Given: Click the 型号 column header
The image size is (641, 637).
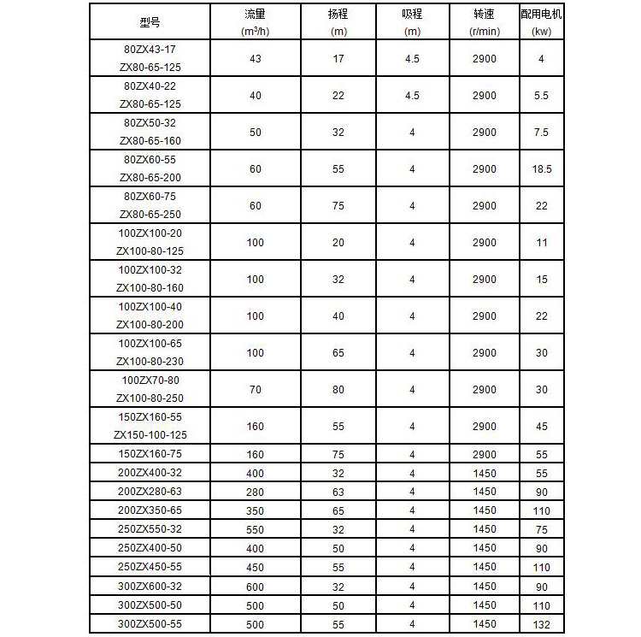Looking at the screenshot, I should pos(150,22).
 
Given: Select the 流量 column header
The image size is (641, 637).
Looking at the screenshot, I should pos(255,15).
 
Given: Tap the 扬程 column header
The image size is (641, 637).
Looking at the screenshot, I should pos(338,15).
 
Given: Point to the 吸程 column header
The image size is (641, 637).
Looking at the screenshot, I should pos(412,15).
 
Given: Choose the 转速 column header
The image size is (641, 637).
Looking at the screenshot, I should pos(484,15).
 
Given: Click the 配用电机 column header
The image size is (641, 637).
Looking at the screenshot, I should pos(541,15).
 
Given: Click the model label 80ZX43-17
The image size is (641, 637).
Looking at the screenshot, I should pos(150,49).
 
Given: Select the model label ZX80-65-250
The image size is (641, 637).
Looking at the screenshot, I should pos(150,214).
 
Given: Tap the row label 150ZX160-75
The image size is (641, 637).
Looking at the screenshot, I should pos(150,455).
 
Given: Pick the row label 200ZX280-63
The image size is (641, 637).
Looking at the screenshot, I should pos(150,492).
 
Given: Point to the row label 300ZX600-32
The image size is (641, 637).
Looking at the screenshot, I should pos(150,587).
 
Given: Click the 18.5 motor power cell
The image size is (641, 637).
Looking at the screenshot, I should pos(541,169).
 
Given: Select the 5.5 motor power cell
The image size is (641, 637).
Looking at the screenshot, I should pos(541,96).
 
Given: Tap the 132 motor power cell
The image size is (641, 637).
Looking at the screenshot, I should pos(541,624).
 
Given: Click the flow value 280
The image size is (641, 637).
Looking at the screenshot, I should pos(255,492).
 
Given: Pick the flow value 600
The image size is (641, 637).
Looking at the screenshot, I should pos(255,587).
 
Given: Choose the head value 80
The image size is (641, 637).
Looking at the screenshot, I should pos(338,390).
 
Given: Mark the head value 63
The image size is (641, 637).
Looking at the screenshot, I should pos(338,492).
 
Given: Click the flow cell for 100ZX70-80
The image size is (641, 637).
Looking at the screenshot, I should pos(255,390).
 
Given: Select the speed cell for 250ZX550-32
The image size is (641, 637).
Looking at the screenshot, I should pos(484,529).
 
